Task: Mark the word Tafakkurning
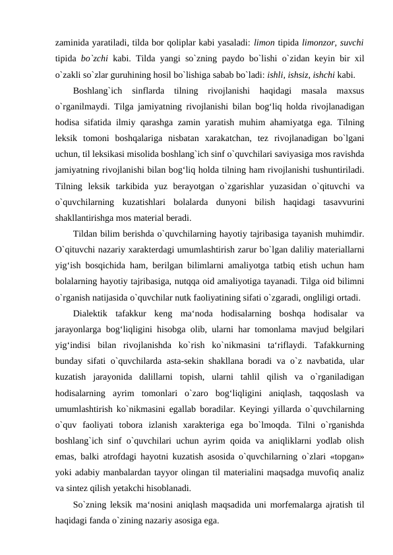(332, 347)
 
